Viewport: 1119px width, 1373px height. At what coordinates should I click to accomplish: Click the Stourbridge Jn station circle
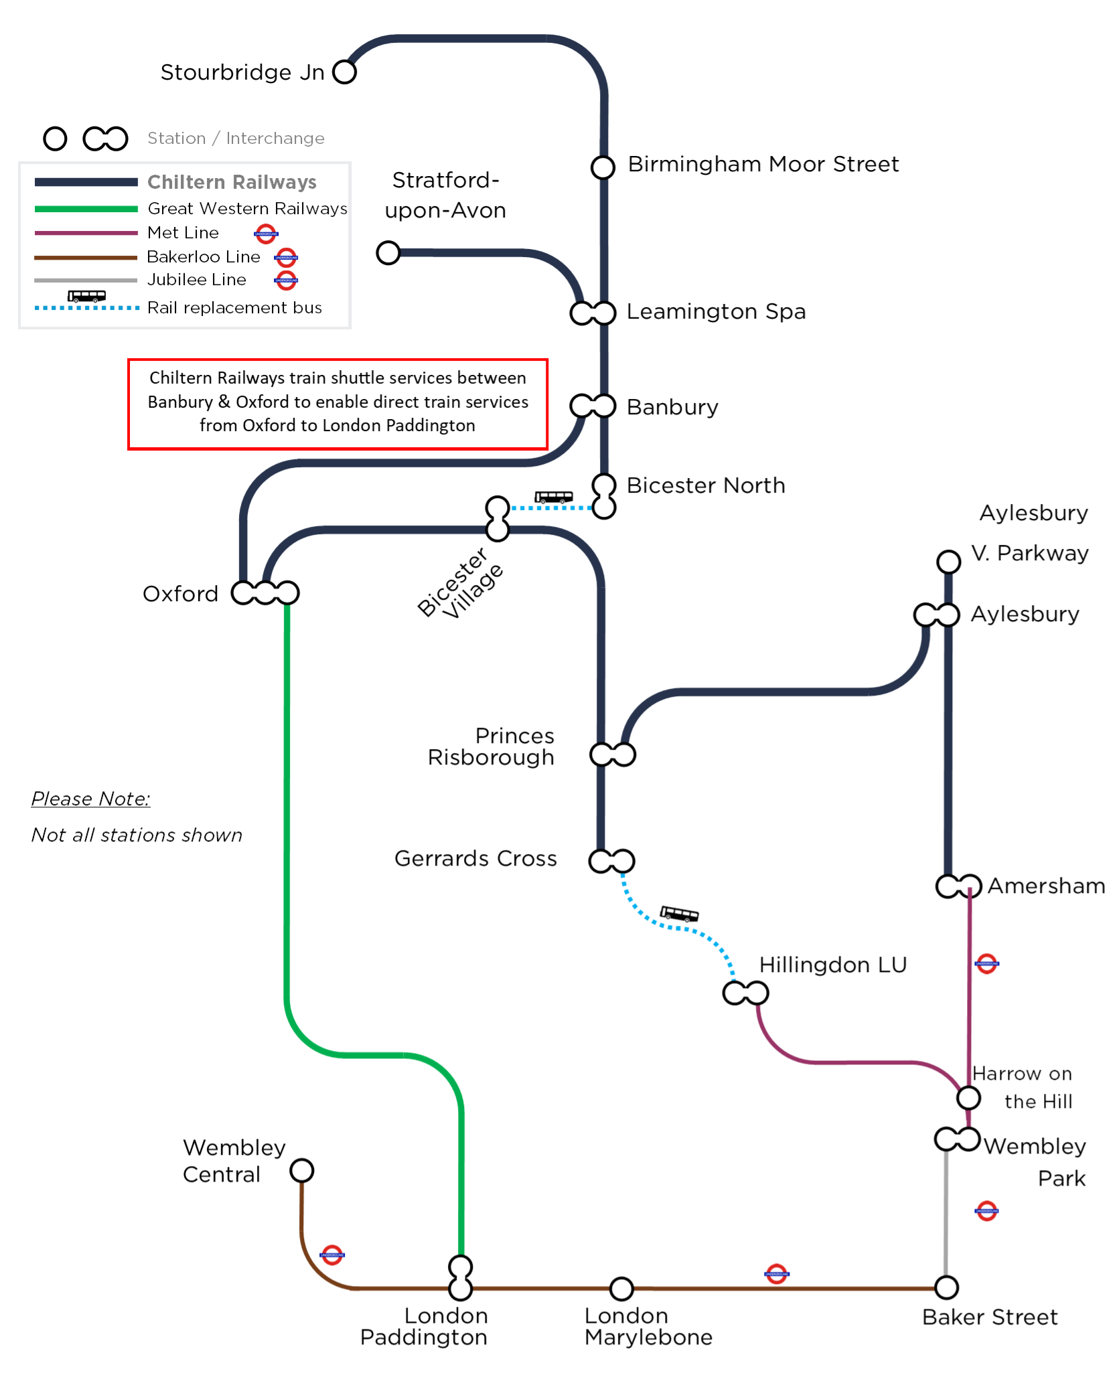(x=344, y=72)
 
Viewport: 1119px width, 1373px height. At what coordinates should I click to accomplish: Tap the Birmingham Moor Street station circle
(x=603, y=167)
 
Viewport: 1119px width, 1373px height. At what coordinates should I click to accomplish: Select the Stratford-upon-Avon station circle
(x=388, y=253)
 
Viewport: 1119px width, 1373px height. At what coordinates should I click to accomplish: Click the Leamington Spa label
(x=716, y=312)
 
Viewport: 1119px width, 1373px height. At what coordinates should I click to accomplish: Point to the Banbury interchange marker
(x=593, y=406)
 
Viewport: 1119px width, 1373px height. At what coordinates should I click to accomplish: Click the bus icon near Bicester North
(x=553, y=497)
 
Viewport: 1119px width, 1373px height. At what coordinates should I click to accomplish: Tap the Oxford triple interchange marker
(x=265, y=592)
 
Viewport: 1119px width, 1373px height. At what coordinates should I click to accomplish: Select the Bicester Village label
(x=460, y=582)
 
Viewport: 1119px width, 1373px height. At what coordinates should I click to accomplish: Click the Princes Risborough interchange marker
(x=612, y=754)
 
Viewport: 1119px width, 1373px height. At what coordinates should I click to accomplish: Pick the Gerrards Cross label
(x=475, y=858)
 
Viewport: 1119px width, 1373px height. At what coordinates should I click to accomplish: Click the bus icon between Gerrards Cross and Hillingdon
(x=679, y=914)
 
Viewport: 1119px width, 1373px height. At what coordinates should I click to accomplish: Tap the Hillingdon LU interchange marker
(x=745, y=993)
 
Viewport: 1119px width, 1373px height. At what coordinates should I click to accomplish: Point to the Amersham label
(x=1046, y=886)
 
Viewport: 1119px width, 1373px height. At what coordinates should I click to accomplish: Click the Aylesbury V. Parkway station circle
(x=948, y=562)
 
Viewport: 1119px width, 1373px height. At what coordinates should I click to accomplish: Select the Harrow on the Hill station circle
(x=968, y=1098)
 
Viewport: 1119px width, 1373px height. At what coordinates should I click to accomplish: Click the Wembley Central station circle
(x=301, y=1171)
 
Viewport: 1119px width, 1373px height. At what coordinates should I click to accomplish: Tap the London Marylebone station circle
(x=621, y=1288)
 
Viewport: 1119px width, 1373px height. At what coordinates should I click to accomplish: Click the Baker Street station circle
(x=946, y=1287)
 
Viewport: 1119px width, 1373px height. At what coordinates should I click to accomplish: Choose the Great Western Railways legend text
(x=247, y=209)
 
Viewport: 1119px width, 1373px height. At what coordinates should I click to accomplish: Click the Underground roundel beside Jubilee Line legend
(x=286, y=280)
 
